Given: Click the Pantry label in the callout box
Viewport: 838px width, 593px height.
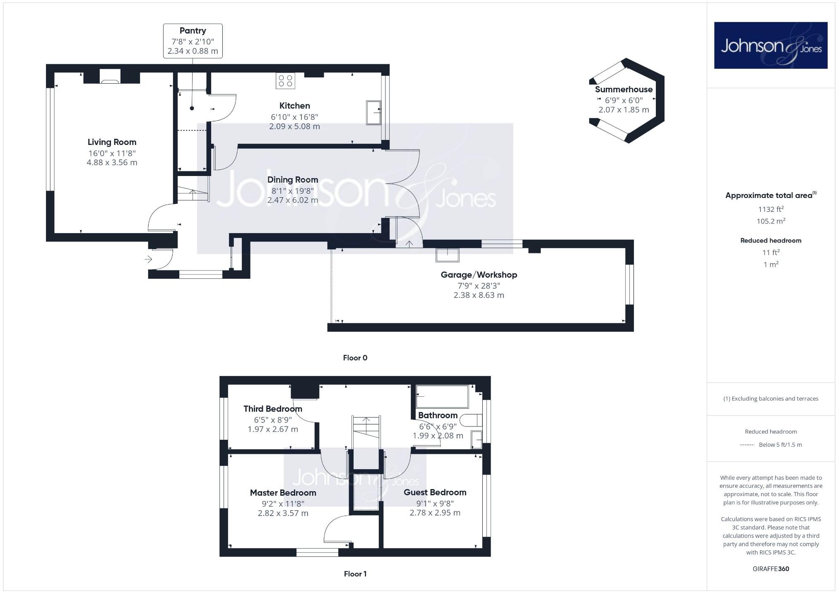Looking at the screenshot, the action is pos(193,31).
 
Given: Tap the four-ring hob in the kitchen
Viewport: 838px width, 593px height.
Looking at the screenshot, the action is pos(285,81).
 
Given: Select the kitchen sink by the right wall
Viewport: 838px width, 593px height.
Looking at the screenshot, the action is pos(373,112).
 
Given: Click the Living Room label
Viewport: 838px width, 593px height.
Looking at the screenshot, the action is pos(112,142).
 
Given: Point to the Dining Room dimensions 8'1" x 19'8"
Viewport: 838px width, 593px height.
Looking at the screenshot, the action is pos(292,191).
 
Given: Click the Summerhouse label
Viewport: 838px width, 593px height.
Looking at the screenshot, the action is pos(624,89).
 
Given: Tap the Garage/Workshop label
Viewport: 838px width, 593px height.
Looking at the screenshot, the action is pos(479,275).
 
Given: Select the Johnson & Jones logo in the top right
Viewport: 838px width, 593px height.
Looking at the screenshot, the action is pos(771,45).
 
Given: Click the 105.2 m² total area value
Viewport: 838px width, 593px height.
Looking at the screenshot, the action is pos(771,221).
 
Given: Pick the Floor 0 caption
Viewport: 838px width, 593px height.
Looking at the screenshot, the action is pos(355,358).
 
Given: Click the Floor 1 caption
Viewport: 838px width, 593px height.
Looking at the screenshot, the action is pos(355,574).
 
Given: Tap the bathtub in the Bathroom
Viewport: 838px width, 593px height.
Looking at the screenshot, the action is pos(442,397).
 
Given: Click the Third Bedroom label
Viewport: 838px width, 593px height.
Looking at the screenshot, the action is pos(272,409).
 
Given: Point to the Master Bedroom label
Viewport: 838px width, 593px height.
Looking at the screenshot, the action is pos(283,493).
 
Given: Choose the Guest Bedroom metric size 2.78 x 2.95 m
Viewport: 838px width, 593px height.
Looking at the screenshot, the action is pos(435,513).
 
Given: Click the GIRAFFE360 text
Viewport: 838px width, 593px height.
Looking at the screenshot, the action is pos(771,569).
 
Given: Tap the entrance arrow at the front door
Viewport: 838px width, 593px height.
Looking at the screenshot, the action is pos(148,260).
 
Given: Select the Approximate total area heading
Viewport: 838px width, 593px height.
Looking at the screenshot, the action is pos(769,195).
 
